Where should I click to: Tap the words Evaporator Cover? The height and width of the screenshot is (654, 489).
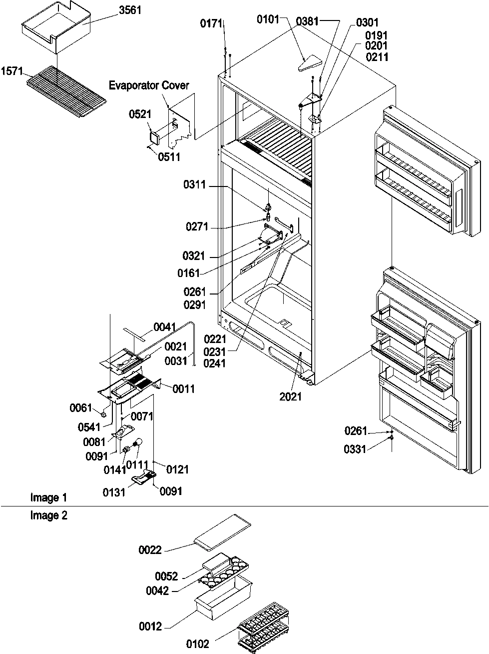coord(149,85)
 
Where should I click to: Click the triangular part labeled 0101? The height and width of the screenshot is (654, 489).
coord(306,64)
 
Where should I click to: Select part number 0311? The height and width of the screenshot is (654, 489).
coord(194,186)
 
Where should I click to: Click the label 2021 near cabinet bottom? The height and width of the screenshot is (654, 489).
coord(290,396)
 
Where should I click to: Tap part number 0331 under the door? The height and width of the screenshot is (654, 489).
coord(355,449)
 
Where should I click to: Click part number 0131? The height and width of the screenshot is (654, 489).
coord(115,491)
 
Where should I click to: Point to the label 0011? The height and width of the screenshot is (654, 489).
coord(184,388)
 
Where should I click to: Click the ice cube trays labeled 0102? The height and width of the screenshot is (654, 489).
coord(263,625)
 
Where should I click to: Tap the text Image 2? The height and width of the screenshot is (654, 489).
coord(48,516)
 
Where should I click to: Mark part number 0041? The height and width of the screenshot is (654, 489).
coord(165,327)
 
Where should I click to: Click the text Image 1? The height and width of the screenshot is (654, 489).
coord(48,497)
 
